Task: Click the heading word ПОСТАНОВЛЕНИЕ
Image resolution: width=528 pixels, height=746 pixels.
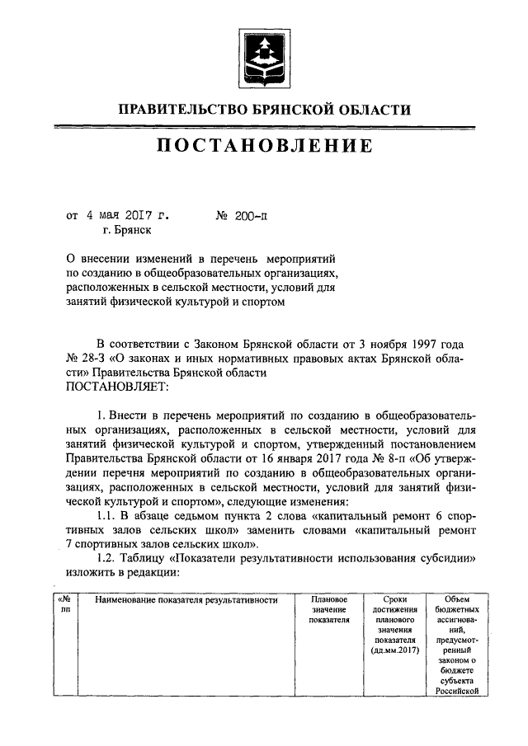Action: [x=264, y=148]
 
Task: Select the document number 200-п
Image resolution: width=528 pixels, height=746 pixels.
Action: [x=249, y=217]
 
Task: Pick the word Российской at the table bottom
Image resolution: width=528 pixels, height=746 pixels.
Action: [x=456, y=691]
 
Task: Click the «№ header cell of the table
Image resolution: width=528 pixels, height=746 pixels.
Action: [x=66, y=598]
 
